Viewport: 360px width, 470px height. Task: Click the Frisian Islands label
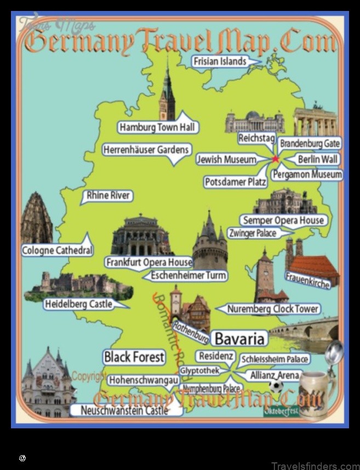pos(220,61)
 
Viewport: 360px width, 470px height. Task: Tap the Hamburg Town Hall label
pos(157,128)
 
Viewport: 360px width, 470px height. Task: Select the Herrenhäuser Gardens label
pos(146,150)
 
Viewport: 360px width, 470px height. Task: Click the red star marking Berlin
pos(275,159)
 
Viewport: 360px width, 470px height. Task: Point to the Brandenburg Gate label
pos(310,144)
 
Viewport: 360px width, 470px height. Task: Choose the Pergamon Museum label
pos(307,175)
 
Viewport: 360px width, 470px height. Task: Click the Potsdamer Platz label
pos(236,182)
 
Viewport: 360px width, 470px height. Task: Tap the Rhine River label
pos(108,196)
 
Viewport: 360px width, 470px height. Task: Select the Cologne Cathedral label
pos(57,251)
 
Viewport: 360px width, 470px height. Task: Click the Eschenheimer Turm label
pos(188,275)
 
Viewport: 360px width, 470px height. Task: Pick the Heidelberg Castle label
pos(78,304)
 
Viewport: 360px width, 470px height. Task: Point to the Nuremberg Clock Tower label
pos(272,309)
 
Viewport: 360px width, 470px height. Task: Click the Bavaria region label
pos(240,338)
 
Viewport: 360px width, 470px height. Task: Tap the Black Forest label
pos(134,358)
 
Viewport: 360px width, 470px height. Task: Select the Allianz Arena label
pos(275,376)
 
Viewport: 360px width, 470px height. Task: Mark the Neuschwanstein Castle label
pos(124,410)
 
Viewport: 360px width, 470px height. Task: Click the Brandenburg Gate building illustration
pos(315,121)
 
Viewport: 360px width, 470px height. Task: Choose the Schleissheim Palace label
pos(275,360)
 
